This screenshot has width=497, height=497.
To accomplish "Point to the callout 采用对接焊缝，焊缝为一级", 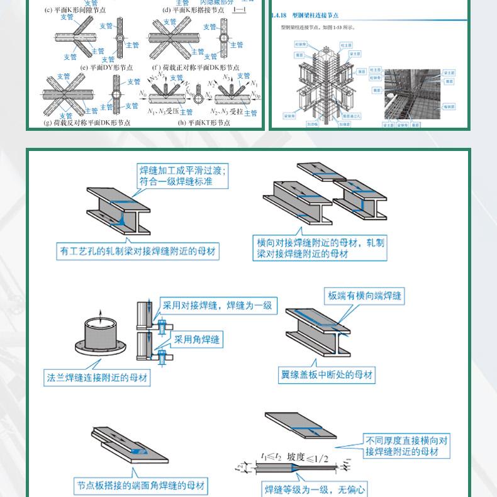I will click(217, 305).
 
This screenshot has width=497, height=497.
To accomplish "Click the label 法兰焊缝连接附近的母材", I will click(97, 378).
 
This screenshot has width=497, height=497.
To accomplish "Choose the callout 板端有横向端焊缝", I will click(365, 295).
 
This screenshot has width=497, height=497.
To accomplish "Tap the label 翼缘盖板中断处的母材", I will click(327, 376).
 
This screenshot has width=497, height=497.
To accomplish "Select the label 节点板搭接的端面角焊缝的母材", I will click(141, 486).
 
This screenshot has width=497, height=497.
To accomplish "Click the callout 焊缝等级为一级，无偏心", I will click(315, 489).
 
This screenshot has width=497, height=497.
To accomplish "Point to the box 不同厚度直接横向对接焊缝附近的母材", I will click(407, 446).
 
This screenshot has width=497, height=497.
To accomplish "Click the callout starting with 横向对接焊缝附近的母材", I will click(320, 248).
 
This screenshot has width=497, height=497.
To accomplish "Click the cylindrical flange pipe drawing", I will click(99, 343).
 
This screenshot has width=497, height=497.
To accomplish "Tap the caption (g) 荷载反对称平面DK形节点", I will click(87, 123).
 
